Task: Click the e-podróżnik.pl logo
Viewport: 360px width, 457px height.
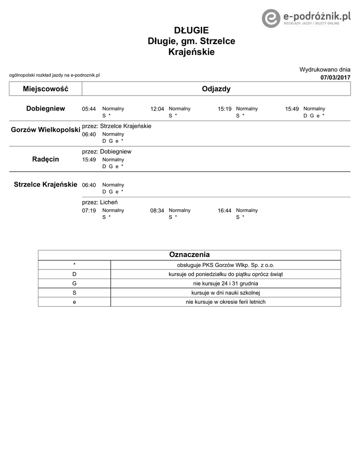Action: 307,18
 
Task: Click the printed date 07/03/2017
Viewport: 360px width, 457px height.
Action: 335,78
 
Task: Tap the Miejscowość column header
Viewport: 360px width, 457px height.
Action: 46,89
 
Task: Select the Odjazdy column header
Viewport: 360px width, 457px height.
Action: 216,89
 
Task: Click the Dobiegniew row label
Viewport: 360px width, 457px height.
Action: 46,108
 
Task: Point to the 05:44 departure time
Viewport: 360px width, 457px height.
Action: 89,109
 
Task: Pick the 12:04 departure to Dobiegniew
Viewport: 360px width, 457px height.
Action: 157,109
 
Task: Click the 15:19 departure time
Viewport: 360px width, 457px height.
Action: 224,109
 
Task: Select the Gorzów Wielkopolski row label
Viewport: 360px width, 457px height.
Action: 46,130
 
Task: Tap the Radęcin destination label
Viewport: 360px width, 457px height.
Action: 46,159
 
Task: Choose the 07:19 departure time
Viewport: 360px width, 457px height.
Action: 89,211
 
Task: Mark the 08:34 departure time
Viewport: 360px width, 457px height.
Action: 157,211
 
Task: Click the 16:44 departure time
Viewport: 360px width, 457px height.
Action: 224,211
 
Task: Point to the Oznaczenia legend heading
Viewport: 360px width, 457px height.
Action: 189,255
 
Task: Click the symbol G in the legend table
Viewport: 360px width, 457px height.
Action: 74,283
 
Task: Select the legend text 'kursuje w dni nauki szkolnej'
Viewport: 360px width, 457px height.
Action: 225,293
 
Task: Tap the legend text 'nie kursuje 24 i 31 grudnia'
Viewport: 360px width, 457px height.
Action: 225,283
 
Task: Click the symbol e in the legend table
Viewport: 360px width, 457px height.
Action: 74,302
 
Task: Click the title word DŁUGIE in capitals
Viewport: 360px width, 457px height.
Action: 191,30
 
